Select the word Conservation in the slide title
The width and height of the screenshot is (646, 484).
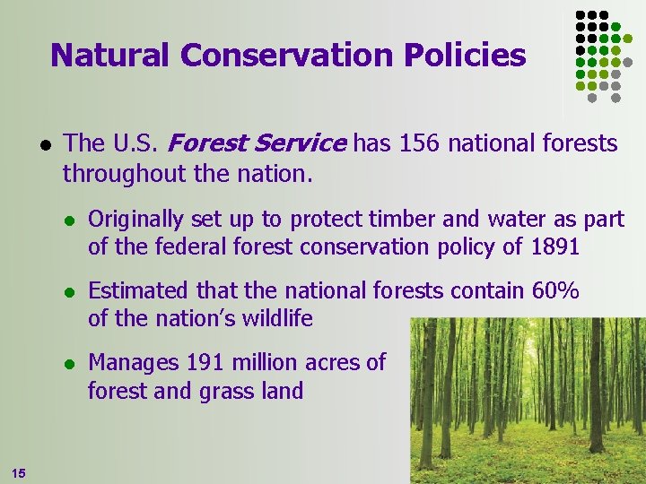[x=286, y=56]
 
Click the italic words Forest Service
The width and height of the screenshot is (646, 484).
[x=257, y=143]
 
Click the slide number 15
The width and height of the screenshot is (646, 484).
[x=19, y=472]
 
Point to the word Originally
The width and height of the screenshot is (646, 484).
[x=135, y=219]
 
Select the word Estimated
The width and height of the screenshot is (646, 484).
[x=135, y=291]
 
